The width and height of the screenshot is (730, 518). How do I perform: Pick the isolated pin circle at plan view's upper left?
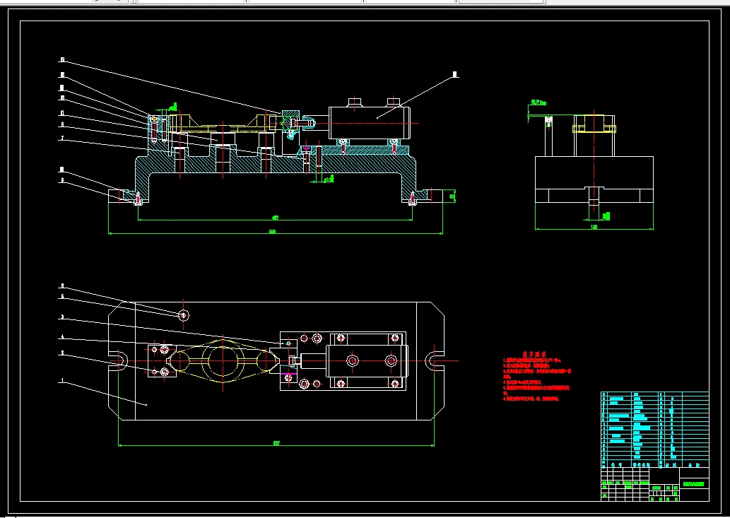tap(184, 315)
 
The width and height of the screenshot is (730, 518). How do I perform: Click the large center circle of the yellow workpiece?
tap(225, 361)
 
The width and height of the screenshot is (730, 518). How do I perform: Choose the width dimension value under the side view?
tap(594, 228)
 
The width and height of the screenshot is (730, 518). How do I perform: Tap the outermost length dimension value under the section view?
tap(273, 232)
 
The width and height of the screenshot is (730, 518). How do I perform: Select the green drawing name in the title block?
tap(693, 484)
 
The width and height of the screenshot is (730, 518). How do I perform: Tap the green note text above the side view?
tap(538, 102)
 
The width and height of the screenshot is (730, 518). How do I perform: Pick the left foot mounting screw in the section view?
tap(138, 197)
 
